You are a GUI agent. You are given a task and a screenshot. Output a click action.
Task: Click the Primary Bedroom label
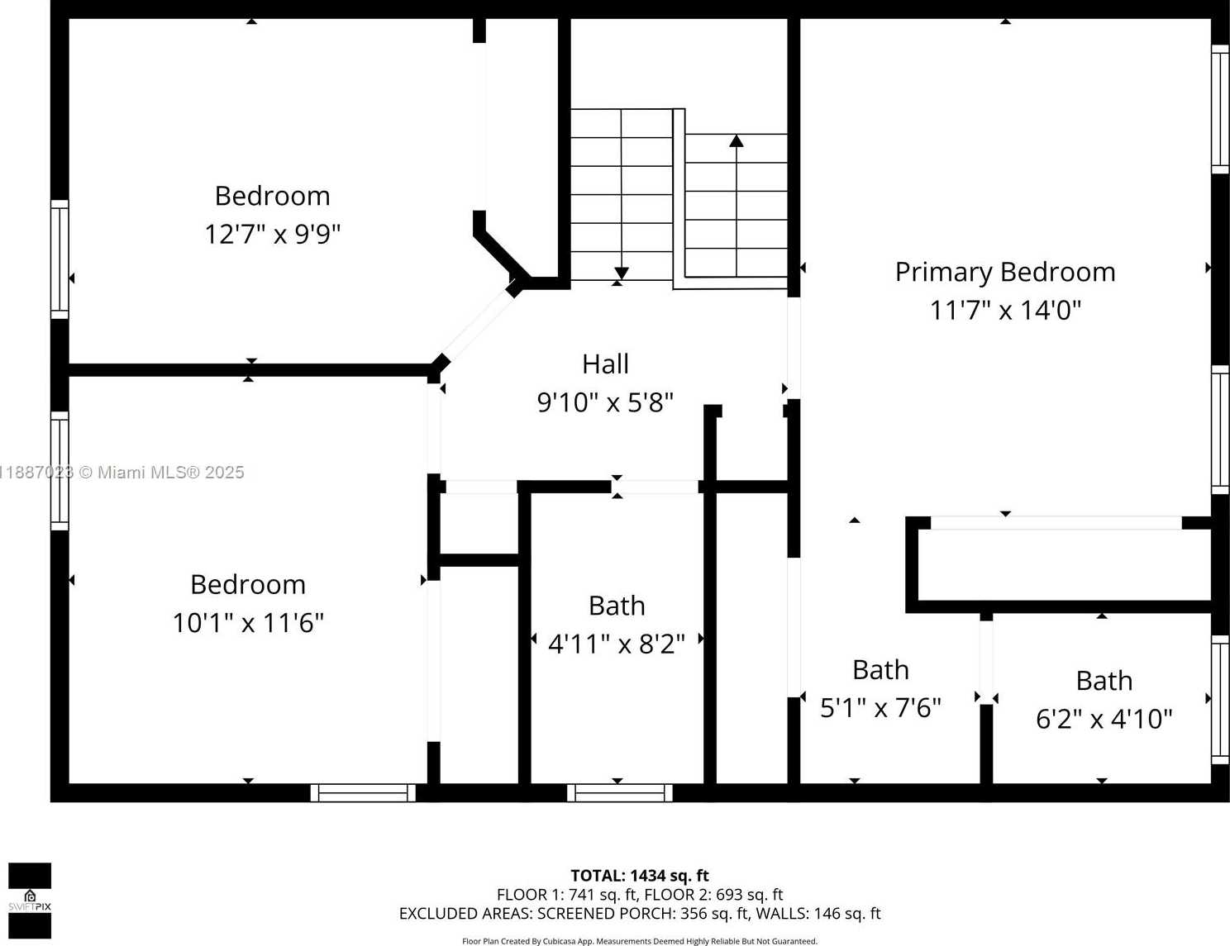(x=1005, y=273)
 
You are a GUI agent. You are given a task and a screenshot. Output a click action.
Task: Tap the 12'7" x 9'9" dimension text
(x=272, y=235)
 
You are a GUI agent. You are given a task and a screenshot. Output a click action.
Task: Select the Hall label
(x=605, y=364)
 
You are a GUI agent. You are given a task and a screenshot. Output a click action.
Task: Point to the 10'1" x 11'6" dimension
(x=248, y=623)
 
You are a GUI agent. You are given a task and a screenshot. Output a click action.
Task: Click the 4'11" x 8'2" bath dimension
(x=617, y=644)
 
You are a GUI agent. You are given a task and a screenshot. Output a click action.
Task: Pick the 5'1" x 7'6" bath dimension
(x=880, y=708)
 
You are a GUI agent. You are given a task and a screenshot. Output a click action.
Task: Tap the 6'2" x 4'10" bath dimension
(x=1104, y=719)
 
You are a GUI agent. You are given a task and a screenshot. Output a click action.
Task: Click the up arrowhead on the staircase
(x=736, y=140)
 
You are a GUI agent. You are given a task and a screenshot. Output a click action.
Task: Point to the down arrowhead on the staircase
(x=622, y=273)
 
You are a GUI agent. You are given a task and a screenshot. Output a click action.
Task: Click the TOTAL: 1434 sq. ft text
(x=640, y=876)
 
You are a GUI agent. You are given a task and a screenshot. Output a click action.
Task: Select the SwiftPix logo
(x=30, y=900)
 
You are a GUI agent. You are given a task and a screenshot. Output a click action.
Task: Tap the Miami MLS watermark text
(x=122, y=473)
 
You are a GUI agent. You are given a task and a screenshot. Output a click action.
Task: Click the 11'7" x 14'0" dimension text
(x=1005, y=311)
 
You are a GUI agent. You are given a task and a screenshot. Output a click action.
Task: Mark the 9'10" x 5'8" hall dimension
(x=605, y=403)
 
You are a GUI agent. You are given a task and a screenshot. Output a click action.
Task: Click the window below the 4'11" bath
(x=620, y=792)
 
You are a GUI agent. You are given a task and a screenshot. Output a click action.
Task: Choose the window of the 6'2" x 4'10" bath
(x=1220, y=699)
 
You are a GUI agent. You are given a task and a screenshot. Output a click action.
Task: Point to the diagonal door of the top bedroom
(x=477, y=326)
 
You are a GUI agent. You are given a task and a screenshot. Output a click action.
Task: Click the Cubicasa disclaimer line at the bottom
(x=640, y=941)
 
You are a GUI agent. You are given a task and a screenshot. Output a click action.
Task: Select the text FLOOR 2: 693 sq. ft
(x=713, y=895)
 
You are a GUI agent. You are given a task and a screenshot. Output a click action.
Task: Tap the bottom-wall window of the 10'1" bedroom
(x=363, y=792)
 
